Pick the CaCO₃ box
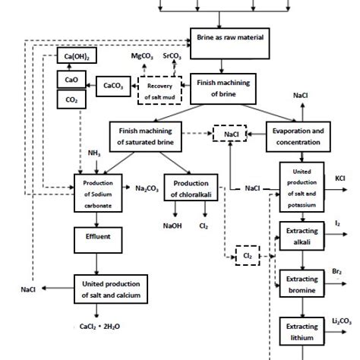tap(114, 86)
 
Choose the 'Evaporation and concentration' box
tap(298, 136)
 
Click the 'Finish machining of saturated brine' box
tap(149, 136)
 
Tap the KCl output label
tap(340, 179)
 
